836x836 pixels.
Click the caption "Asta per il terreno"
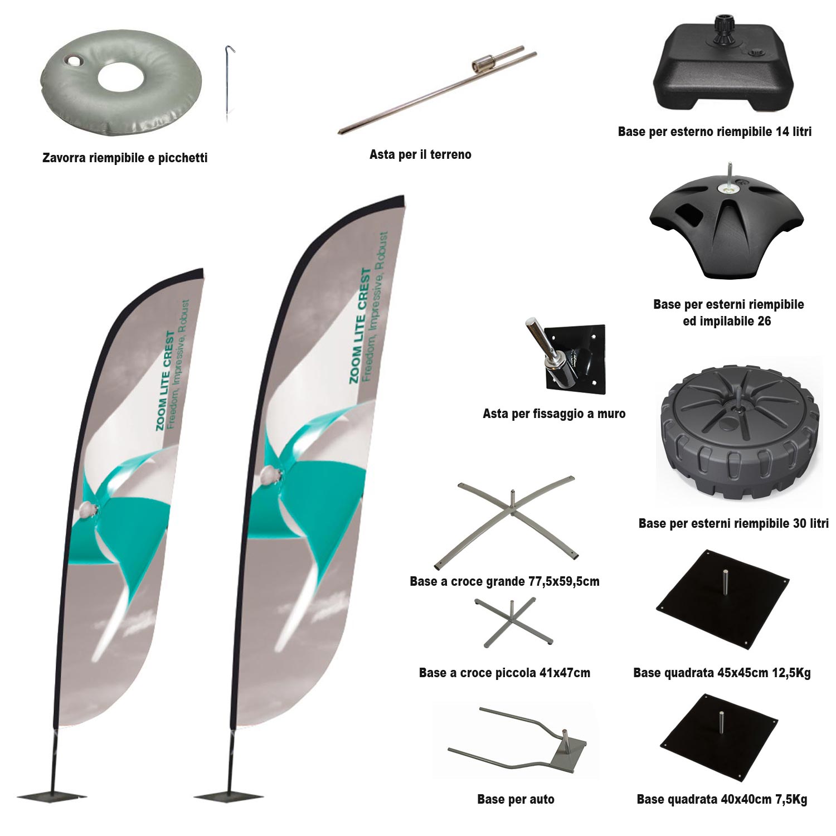pos(420,154)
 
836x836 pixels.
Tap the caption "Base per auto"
pos(516,799)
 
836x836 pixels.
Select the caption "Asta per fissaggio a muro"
pos(554,414)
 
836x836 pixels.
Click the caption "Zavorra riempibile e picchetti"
pos(125,158)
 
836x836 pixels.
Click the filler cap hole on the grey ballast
pos(72,60)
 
